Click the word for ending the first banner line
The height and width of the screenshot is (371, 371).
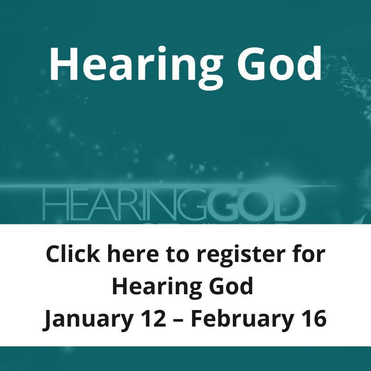pos(309,254)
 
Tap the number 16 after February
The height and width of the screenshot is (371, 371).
pos(312,319)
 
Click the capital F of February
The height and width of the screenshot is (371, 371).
pos(197,319)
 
